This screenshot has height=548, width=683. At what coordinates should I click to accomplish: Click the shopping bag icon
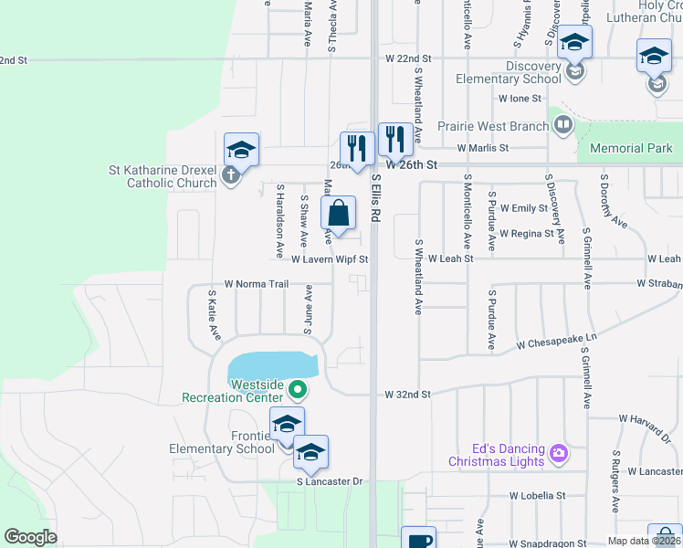(338, 214)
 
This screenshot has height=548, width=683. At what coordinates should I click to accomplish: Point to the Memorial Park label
(631, 148)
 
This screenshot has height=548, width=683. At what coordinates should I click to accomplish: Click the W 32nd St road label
(407, 395)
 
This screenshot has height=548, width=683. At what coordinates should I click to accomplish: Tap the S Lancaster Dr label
(330, 481)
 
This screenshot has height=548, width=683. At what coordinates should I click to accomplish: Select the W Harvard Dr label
(650, 418)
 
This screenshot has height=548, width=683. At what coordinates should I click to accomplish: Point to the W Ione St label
(520, 98)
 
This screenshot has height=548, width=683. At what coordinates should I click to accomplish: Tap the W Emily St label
(523, 208)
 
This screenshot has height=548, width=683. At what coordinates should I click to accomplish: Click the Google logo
(31, 537)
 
